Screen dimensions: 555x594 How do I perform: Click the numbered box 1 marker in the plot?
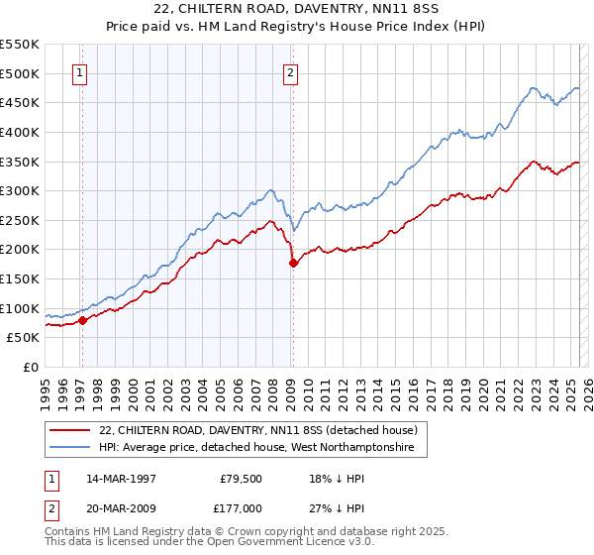click(x=79, y=71)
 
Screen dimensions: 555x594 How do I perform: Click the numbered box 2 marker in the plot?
click(x=290, y=71)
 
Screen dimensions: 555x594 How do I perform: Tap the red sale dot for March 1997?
click(x=82, y=320)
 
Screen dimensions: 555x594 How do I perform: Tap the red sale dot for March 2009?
click(x=293, y=263)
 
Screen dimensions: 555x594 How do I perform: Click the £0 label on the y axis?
click(x=31, y=367)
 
